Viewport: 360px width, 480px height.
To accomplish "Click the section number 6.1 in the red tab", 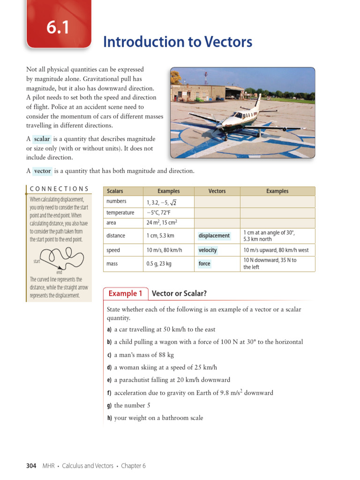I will pyautogui.click(x=58, y=29).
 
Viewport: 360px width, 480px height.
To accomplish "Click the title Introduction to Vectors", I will pyautogui.click(x=178, y=42).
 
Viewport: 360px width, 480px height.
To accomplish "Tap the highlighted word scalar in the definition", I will pyautogui.click(x=42, y=139).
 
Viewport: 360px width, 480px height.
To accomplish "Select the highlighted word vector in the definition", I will pyautogui.click(x=42, y=171).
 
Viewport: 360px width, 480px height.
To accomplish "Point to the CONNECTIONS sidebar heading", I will pyautogui.click(x=59, y=189).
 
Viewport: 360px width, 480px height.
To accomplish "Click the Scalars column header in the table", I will pyautogui.click(x=115, y=191).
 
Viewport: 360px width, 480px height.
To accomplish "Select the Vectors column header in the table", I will pyautogui.click(x=217, y=191).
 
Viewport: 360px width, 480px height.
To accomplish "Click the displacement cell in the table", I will pyautogui.click(x=214, y=236).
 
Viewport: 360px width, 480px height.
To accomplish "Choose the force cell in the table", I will pyautogui.click(x=204, y=264).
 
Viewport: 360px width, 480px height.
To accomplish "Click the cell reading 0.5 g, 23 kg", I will pyautogui.click(x=159, y=264).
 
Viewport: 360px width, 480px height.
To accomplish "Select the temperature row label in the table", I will pyautogui.click(x=120, y=212).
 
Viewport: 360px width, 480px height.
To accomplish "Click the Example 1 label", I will pyautogui.click(x=125, y=293).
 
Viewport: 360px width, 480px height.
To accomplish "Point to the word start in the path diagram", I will pyautogui.click(x=37, y=261).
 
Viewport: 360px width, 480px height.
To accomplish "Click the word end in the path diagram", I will pyautogui.click(x=59, y=272).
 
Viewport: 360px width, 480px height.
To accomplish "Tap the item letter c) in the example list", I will pyautogui.click(x=110, y=355).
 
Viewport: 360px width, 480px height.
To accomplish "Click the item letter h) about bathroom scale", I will pyautogui.click(x=110, y=418).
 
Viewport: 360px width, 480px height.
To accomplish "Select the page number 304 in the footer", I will pyautogui.click(x=31, y=465).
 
